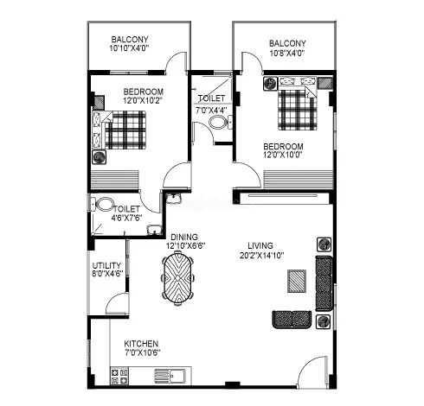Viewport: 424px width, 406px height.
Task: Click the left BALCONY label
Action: click(130, 39)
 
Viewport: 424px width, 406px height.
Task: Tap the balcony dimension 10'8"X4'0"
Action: click(287, 54)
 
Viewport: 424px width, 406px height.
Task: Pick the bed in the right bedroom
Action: click(297, 109)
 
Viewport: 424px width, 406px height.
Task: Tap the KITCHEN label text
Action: click(141, 343)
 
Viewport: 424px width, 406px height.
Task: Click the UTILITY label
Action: click(107, 265)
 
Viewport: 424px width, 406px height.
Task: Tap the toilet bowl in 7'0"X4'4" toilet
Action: click(218, 123)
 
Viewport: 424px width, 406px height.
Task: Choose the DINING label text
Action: click(184, 236)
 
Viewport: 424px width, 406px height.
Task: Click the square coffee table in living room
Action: click(296, 279)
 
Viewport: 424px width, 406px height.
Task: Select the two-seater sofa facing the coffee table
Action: click(292, 319)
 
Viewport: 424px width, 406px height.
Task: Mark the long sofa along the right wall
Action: click(324, 283)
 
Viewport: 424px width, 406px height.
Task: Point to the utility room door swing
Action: click(115, 303)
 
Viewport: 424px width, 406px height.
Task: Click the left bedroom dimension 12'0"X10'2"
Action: click(142, 100)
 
